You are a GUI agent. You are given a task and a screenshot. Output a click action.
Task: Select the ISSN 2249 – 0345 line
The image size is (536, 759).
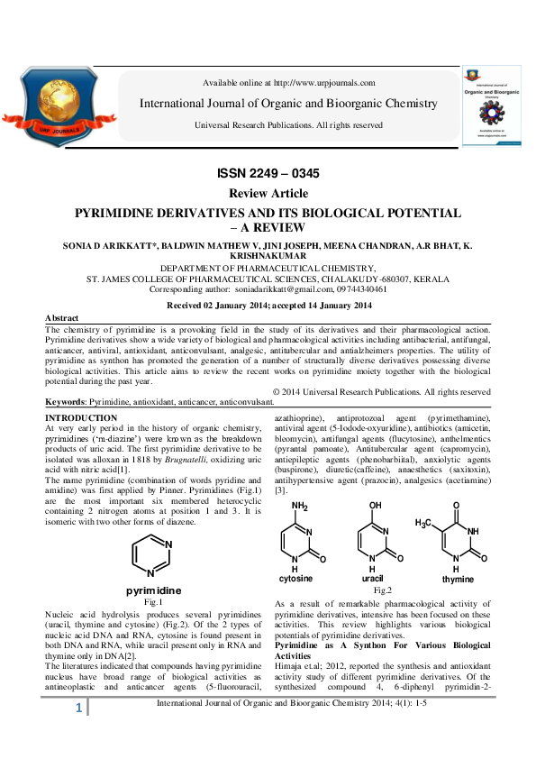pos(268,173)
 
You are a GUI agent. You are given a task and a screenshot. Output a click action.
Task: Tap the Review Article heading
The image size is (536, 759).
pos(268,194)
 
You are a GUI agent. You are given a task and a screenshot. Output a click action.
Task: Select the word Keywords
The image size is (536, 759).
pos(66,400)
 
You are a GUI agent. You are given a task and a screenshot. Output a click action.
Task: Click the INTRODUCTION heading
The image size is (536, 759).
pos(81,418)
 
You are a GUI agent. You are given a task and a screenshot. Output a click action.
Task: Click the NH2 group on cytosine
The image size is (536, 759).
pos(299,506)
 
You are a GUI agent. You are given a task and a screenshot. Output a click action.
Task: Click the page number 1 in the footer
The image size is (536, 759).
pos(78,736)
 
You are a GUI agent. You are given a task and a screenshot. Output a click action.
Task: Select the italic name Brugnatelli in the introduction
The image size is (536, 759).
pos(204,457)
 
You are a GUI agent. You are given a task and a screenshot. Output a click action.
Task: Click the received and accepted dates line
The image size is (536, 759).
pos(268,306)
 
